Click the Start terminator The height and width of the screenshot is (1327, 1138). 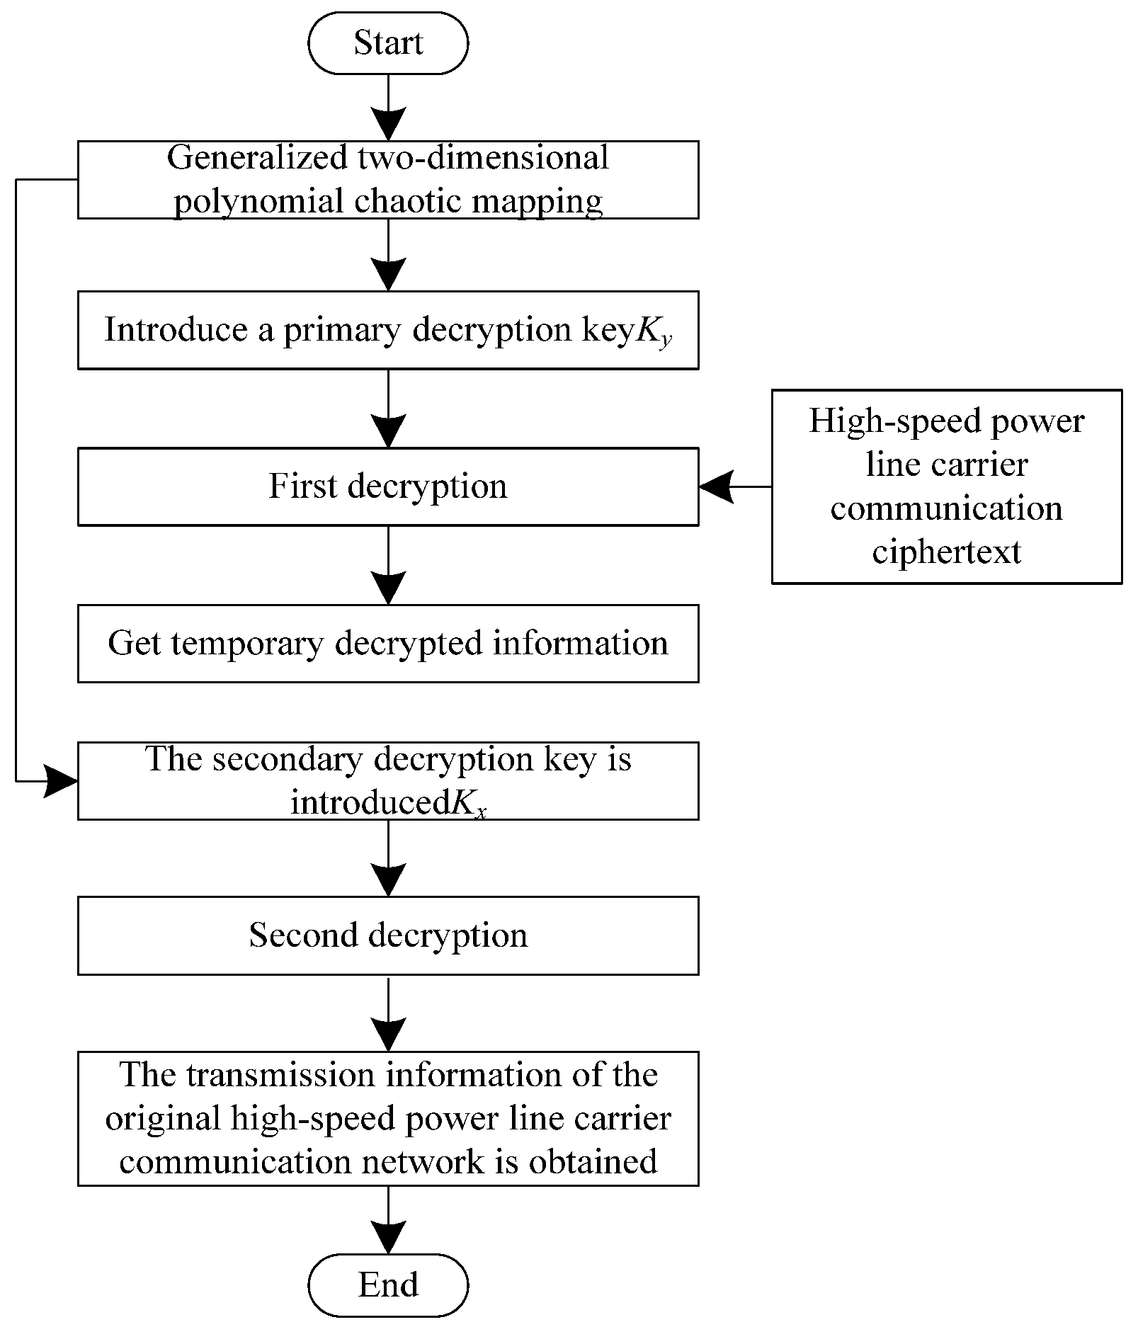(x=388, y=42)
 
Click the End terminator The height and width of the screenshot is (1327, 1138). (x=388, y=1285)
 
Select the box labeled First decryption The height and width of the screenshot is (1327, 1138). (x=388, y=486)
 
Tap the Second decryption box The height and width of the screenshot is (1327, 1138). (x=388, y=935)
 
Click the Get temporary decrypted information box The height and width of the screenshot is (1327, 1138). (x=388, y=643)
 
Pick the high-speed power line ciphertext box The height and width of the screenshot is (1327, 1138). (x=946, y=486)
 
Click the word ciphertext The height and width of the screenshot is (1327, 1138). (x=946, y=552)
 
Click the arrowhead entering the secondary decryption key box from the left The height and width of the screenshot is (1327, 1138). (x=62, y=781)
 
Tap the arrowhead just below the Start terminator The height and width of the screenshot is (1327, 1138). (x=388, y=124)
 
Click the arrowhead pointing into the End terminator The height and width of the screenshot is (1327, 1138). (x=388, y=1236)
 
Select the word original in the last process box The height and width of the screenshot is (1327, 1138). (x=164, y=1119)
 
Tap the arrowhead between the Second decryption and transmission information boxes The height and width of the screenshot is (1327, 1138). (x=388, y=1034)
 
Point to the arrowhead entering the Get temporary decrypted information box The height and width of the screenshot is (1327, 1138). (x=388, y=588)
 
